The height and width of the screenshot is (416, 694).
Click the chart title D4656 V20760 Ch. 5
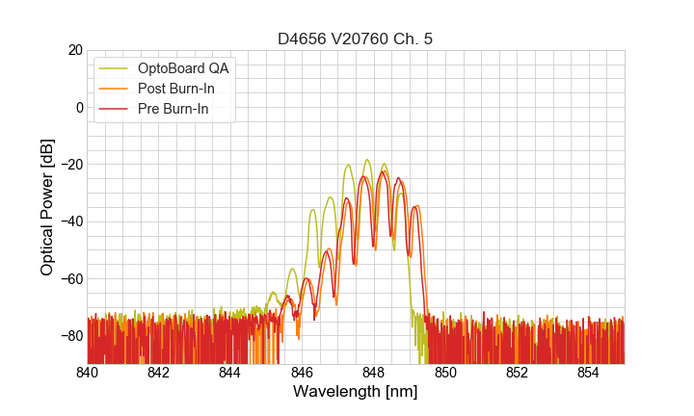pos(356,39)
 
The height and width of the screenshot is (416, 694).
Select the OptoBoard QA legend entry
pos(184,68)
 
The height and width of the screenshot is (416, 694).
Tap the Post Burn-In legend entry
pos(184,89)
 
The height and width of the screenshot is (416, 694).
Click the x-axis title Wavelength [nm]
pos(356,393)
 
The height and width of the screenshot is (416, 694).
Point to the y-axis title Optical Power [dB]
pos(47,207)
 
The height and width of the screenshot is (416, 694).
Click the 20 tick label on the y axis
pos(74,50)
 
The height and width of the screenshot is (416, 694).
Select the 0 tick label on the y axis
pos(78,107)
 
